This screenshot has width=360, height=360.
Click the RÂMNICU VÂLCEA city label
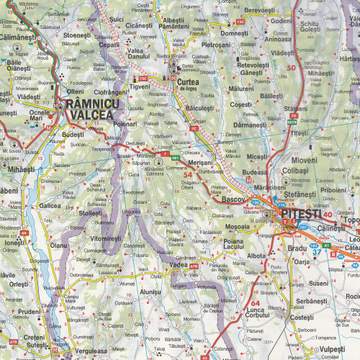[x=98, y=108]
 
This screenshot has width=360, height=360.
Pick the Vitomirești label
[x=109, y=241]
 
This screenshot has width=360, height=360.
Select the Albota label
[x=257, y=256]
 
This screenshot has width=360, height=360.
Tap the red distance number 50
[x=290, y=67]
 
